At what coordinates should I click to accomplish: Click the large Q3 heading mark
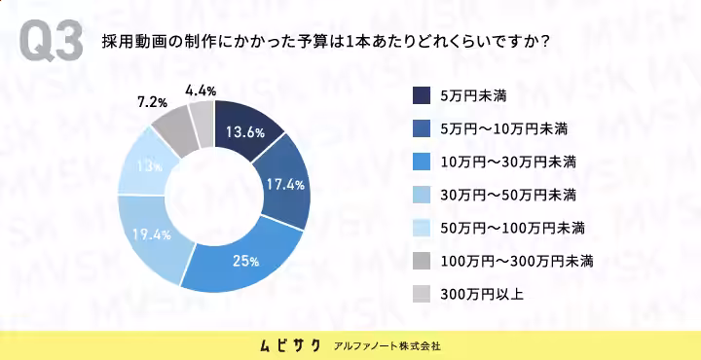[52, 42]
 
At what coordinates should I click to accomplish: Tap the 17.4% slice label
[285, 184]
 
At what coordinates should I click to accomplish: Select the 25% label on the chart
[245, 262]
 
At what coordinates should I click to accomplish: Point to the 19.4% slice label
[152, 234]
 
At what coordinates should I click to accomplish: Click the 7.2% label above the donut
[152, 103]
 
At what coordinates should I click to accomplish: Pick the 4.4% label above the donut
[201, 91]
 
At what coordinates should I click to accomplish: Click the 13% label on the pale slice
[149, 166]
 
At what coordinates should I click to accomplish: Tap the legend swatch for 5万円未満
[422, 95]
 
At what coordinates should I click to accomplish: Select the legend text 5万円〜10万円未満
[504, 129]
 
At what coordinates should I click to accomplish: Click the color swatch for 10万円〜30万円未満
[422, 162]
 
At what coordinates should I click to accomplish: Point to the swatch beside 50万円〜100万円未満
[422, 229]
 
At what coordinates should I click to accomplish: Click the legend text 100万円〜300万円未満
[517, 262]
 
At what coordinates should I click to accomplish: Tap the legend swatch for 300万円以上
[422, 295]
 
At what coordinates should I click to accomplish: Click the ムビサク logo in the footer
[290, 345]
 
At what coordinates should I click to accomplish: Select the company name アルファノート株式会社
[387, 346]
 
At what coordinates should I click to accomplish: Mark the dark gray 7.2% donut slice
[173, 130]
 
